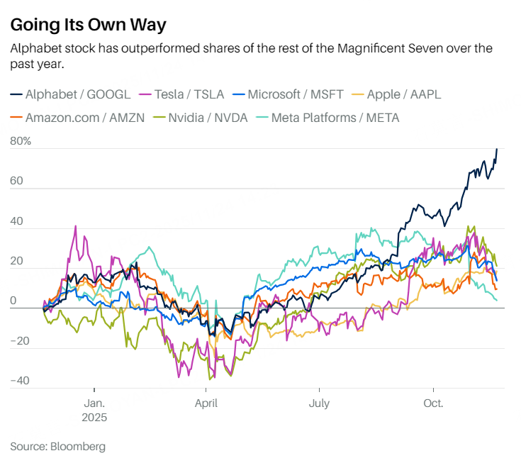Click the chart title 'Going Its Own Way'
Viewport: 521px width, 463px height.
(88, 25)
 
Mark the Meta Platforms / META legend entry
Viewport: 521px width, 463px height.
(331, 117)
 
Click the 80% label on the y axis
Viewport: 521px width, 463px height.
(21, 141)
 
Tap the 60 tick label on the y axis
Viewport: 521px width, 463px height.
(17, 182)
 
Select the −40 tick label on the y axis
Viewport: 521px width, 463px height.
(21, 381)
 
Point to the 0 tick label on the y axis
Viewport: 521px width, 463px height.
(13, 301)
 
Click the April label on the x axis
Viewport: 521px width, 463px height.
(206, 403)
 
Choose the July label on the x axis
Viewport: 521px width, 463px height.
(319, 403)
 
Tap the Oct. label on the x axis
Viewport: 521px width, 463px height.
(433, 403)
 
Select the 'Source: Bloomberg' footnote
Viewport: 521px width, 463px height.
(57, 447)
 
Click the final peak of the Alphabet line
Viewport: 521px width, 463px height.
(497, 149)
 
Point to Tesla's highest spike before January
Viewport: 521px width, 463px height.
(76, 227)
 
